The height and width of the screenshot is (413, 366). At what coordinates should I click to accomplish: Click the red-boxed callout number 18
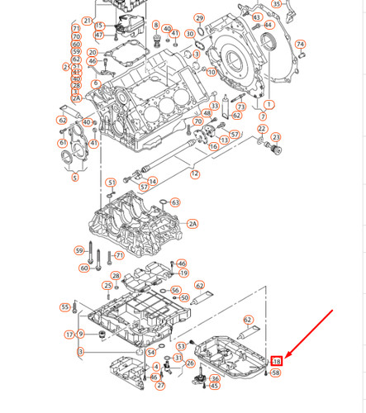[277, 361]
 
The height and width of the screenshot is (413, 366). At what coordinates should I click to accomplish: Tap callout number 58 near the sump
[276, 373]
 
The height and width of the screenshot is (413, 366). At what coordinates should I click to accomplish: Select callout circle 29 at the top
[199, 17]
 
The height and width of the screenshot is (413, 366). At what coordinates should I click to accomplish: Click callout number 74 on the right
[300, 45]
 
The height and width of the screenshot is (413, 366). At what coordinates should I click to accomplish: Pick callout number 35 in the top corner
[277, 4]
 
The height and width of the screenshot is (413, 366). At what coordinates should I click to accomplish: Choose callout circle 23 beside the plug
[276, 137]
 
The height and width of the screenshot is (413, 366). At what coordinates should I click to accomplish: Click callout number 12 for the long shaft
[195, 173]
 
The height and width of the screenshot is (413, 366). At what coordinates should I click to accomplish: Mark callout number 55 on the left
[65, 307]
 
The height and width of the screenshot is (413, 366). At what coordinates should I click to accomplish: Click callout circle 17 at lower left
[69, 334]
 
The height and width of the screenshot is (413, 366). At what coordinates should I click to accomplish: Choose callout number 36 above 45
[215, 378]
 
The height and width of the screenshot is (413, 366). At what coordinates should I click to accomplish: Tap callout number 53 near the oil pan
[182, 346]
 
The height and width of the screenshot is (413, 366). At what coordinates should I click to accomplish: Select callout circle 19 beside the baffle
[183, 273]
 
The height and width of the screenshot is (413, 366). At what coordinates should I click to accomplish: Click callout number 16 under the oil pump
[213, 146]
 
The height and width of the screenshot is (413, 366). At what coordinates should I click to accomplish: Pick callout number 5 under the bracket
[74, 177]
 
